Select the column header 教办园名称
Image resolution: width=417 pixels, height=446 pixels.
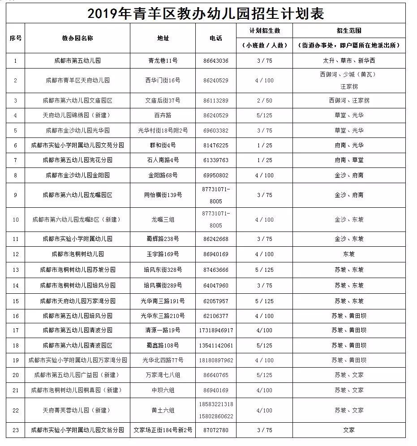click(x=77, y=39)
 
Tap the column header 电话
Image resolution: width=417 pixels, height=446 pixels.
click(x=216, y=39)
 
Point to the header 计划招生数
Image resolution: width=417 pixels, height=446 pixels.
click(x=265, y=31)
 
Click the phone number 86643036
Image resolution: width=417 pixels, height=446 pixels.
click(x=216, y=61)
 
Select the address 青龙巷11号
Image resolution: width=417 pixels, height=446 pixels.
click(x=163, y=61)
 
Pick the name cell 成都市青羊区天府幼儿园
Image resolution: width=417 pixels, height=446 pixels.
click(x=77, y=81)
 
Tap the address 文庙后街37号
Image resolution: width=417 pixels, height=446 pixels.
click(x=163, y=100)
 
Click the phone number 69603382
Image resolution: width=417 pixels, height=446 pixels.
click(x=216, y=130)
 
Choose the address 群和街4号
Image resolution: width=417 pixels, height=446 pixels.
click(x=163, y=146)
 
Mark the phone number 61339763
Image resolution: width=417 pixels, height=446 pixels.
click(x=216, y=160)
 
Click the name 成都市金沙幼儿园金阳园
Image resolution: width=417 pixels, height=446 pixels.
click(x=77, y=175)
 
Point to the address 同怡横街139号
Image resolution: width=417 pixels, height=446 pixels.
click(x=163, y=195)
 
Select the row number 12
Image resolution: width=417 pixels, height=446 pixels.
click(x=16, y=254)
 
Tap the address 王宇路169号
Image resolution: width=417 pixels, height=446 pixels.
click(x=163, y=254)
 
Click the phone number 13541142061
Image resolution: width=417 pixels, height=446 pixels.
click(x=216, y=345)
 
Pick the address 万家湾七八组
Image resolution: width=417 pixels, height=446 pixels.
click(x=163, y=375)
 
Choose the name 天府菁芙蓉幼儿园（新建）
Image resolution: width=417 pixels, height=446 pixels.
click(x=77, y=410)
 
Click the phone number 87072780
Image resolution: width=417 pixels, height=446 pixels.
click(x=216, y=430)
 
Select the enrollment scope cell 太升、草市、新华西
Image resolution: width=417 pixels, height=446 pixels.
click(x=349, y=61)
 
